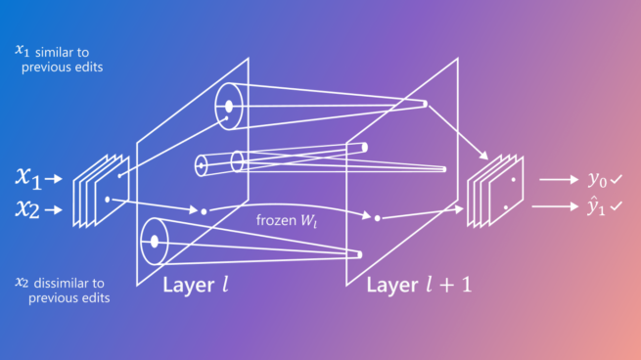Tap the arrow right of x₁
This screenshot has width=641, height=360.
[x=56, y=178]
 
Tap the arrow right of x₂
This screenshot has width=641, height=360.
[x=56, y=207]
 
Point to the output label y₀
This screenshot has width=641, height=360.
[x=596, y=179]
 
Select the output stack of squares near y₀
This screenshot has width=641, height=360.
[x=496, y=191]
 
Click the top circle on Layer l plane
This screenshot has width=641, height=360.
[x=228, y=105]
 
